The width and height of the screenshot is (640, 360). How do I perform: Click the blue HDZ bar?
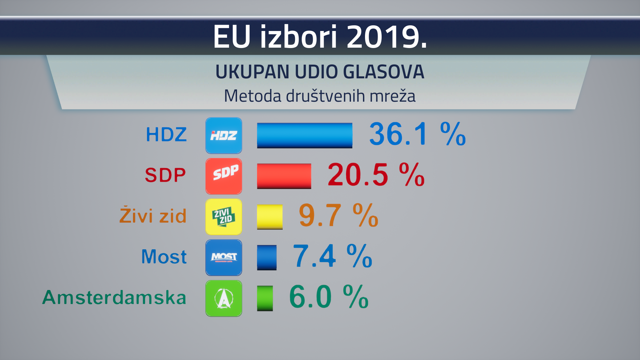coord(304,135)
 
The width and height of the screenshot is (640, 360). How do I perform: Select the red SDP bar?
coord(284,176)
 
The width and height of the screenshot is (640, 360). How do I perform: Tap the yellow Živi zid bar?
coord(270,217)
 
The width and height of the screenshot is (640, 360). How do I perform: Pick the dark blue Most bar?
coord(267,257)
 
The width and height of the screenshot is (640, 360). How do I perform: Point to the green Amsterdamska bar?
coord(265,298)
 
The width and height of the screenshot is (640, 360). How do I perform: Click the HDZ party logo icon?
coord(224,135)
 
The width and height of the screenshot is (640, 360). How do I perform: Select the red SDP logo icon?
coord(224,176)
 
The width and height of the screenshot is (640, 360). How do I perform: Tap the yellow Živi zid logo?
coord(224,217)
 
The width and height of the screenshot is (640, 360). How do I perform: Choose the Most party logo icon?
coord(224,257)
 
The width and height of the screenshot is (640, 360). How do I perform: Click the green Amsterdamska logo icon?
coord(224,298)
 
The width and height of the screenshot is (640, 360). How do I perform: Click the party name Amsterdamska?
coord(114,297)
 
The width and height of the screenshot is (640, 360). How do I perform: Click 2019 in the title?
coord(387,36)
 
